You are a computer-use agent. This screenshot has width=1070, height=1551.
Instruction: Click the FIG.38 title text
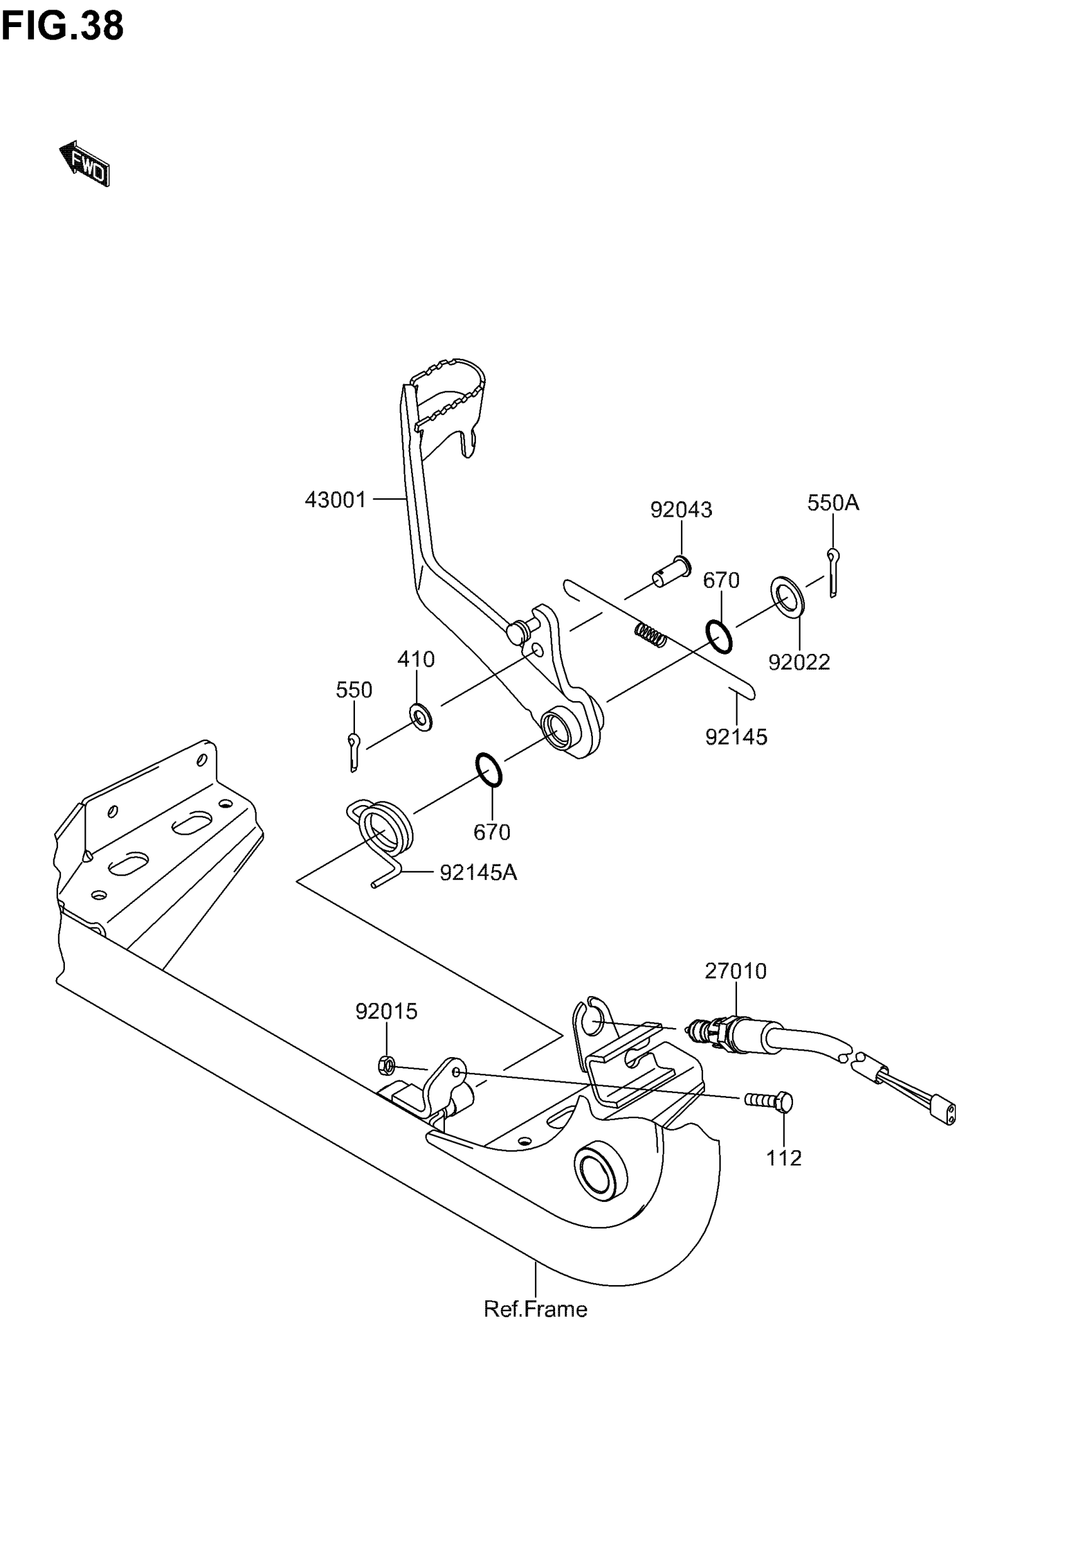pyautogui.click(x=62, y=26)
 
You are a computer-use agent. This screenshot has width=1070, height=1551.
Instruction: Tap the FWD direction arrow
pyautogui.click(x=85, y=164)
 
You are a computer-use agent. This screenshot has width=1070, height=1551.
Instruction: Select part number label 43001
pyautogui.click(x=335, y=500)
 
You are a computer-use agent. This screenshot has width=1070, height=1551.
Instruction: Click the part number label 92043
pyautogui.click(x=680, y=510)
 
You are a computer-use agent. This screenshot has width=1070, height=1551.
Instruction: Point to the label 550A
pyautogui.click(x=833, y=503)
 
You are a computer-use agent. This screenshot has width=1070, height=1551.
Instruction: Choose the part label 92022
pyautogui.click(x=799, y=663)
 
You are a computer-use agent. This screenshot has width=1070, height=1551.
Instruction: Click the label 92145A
pyautogui.click(x=478, y=873)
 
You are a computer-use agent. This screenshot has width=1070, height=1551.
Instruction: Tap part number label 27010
pyautogui.click(x=735, y=971)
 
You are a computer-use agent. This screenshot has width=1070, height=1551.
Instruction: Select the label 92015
pyautogui.click(x=386, y=1012)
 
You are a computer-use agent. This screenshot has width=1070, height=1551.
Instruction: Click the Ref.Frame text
pyautogui.click(x=535, y=1310)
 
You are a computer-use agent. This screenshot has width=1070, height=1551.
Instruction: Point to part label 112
pyautogui.click(x=784, y=1159)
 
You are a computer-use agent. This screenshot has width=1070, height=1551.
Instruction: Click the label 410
pyautogui.click(x=415, y=660)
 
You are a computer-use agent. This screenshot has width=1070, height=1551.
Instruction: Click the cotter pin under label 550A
pyautogui.click(x=832, y=572)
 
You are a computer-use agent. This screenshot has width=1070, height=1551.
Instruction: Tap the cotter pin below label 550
pyautogui.click(x=353, y=752)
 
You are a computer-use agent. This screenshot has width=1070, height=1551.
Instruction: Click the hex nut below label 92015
pyautogui.click(x=386, y=1064)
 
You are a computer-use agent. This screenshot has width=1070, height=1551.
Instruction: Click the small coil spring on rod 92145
pyautogui.click(x=650, y=634)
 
